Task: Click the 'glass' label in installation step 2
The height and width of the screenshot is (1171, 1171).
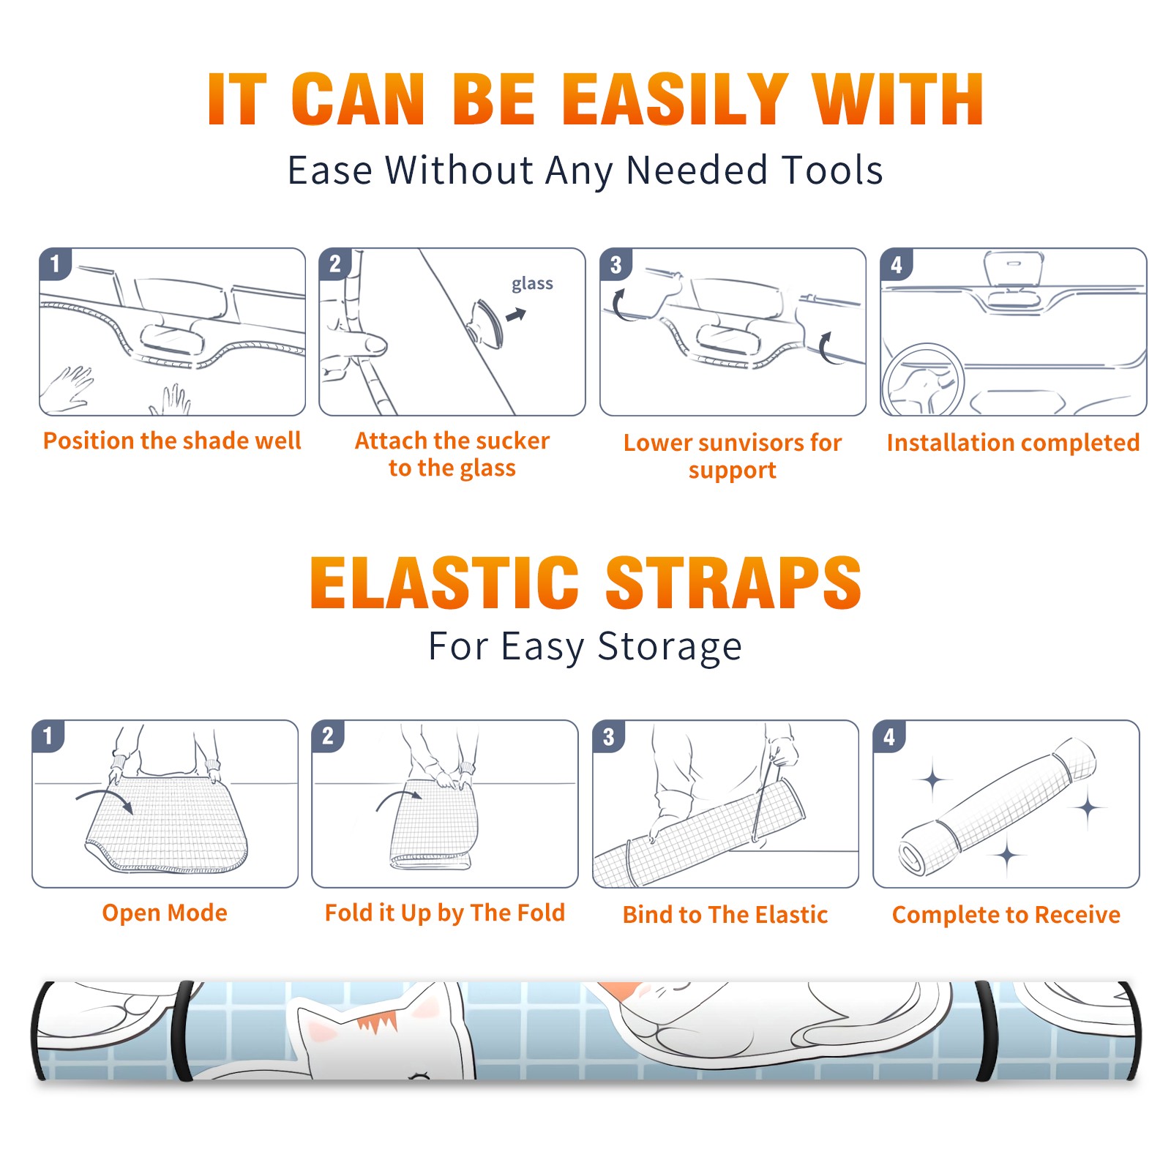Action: pyautogui.click(x=532, y=283)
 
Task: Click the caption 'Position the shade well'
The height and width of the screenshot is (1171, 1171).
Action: pyautogui.click(x=172, y=441)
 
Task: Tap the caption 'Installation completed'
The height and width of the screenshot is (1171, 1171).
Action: pyautogui.click(x=1013, y=443)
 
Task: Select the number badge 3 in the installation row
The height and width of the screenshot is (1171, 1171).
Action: pyautogui.click(x=616, y=264)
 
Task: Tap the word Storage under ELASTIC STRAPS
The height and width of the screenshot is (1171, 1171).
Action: pyautogui.click(x=670, y=647)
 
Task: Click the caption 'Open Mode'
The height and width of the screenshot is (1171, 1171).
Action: pyautogui.click(x=165, y=913)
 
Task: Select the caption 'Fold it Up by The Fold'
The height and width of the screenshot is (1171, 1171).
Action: pyautogui.click(x=445, y=913)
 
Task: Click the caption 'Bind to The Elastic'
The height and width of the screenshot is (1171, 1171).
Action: pyautogui.click(x=725, y=915)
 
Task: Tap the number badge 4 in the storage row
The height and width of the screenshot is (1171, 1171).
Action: pyautogui.click(x=888, y=736)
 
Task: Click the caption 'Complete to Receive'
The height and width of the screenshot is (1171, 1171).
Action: pyautogui.click(x=1006, y=915)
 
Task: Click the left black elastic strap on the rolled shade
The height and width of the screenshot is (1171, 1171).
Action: pyautogui.click(x=184, y=1030)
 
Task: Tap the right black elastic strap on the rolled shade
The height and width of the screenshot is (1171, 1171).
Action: pyautogui.click(x=986, y=1030)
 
